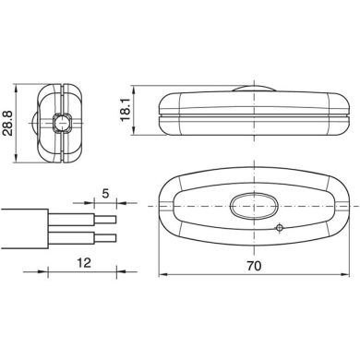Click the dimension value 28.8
[9, 121]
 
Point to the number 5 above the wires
[106, 195]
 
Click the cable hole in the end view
[64, 120]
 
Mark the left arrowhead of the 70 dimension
[161, 275]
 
